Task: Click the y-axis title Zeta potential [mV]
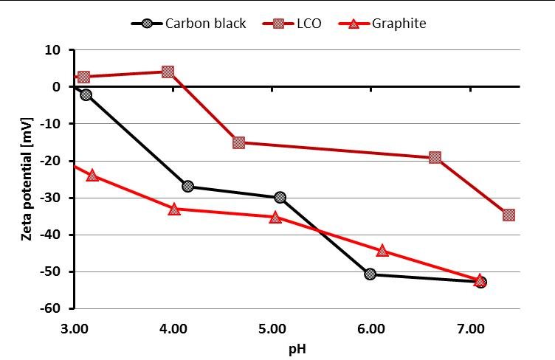[27, 177]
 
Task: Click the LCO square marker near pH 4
[168, 72]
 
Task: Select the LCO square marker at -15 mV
[238, 142]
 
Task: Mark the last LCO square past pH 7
[509, 215]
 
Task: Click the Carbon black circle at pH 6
[370, 274]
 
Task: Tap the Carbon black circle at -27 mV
[187, 187]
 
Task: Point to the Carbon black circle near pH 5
[280, 198]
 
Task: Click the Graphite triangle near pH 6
[382, 251]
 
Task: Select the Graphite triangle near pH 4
[174, 209]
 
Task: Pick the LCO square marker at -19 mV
[435, 157]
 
